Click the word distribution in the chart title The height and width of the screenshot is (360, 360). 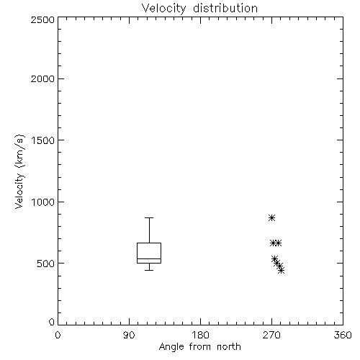[225, 8]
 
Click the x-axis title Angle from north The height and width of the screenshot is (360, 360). [199, 347]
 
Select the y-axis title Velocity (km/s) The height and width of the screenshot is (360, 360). [19, 171]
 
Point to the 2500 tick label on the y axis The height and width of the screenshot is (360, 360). [42, 19]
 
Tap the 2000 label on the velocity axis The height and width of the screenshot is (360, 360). [42, 78]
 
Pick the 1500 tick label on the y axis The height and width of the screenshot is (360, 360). [43, 140]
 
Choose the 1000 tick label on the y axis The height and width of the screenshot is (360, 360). [43, 202]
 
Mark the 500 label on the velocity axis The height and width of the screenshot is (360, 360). [46, 264]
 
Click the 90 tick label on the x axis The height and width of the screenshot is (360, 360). [129, 335]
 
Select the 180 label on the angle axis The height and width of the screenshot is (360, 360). [200, 335]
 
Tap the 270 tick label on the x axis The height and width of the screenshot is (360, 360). [271, 335]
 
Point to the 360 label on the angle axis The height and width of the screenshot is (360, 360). [343, 335]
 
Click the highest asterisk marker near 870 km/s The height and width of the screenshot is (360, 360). [271, 218]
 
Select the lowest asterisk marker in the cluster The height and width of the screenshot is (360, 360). [282, 271]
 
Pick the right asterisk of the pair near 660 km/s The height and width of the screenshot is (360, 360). [278, 243]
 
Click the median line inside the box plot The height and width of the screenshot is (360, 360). [149, 258]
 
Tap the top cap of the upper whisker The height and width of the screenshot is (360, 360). [149, 217]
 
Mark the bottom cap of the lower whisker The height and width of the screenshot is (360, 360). [149, 270]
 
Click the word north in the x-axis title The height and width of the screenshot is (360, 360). [229, 347]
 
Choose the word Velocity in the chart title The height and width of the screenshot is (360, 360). [163, 9]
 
